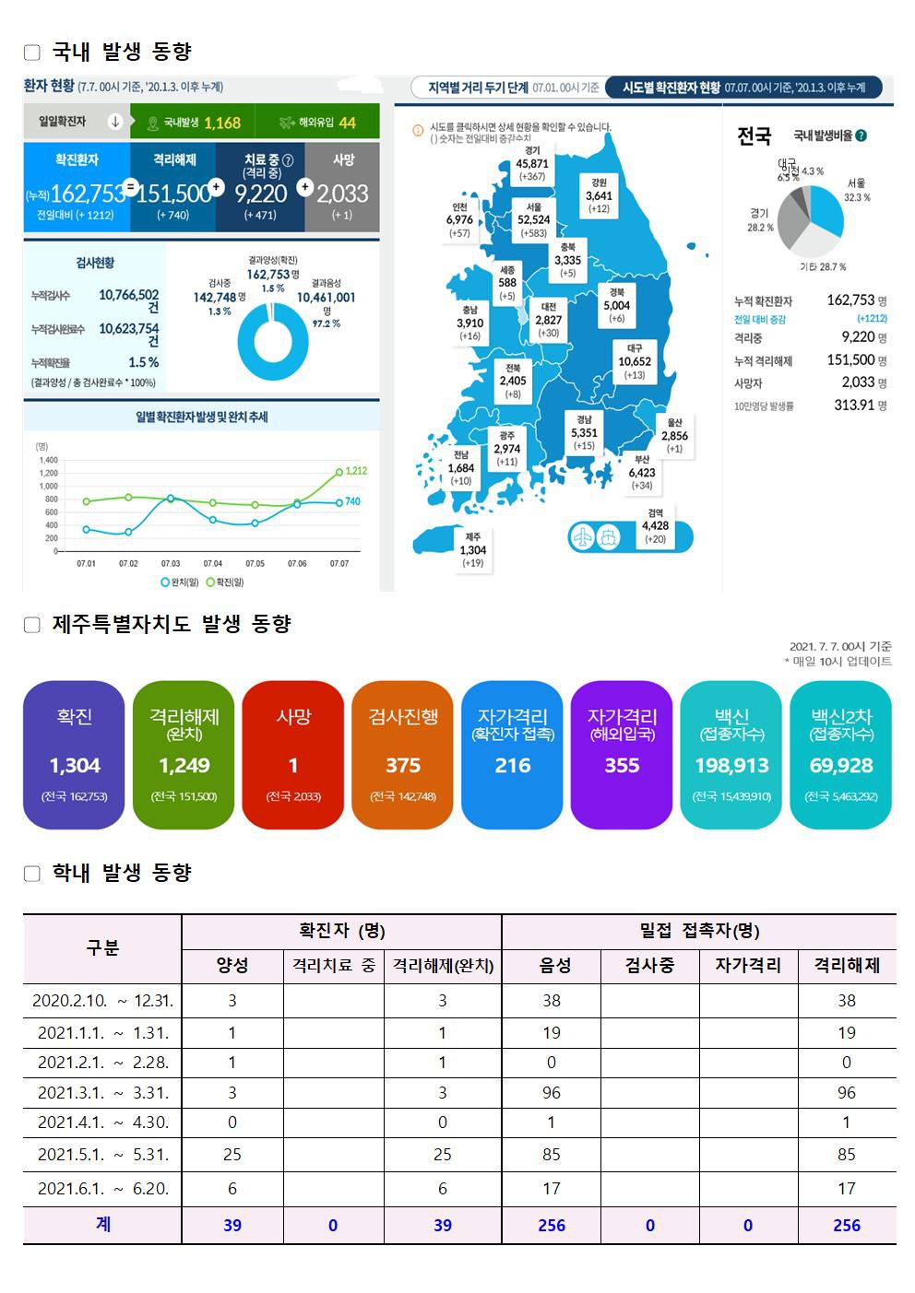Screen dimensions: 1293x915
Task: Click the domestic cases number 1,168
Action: [221, 123]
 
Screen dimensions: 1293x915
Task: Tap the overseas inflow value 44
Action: [347, 123]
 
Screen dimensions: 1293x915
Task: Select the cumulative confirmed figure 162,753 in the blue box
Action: [88, 194]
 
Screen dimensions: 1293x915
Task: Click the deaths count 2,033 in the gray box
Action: [342, 194]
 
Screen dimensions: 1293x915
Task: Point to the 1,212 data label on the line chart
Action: [356, 471]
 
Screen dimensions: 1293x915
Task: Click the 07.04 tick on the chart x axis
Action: [213, 563]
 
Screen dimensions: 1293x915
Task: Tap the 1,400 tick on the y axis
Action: [48, 460]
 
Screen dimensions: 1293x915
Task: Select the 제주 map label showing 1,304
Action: [472, 549]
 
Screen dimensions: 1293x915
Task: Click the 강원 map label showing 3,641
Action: [599, 195]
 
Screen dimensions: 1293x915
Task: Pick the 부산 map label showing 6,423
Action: [642, 472]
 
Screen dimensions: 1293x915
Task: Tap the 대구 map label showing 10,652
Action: [635, 361]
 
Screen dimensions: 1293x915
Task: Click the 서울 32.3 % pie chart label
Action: [856, 190]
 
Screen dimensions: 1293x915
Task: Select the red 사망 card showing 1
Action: [293, 755]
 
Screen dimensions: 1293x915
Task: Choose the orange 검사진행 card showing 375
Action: [403, 755]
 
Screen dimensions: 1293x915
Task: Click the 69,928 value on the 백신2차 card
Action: [840, 766]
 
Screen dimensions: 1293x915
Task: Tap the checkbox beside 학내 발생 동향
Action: [32, 874]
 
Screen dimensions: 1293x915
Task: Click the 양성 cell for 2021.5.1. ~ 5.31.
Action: [232, 1154]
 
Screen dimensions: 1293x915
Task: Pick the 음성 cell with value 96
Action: [552, 1092]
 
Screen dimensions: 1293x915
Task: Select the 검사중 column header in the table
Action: [649, 965]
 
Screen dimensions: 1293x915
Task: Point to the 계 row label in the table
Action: [102, 1224]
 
